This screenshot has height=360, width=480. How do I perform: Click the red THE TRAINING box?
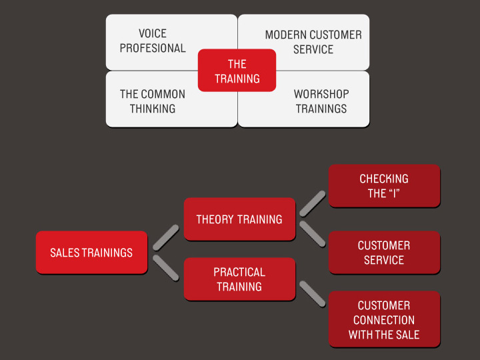(237, 71)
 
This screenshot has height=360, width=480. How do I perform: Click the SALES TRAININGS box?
(91, 253)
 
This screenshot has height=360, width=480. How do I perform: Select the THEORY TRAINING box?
(239, 219)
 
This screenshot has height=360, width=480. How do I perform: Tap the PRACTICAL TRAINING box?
(239, 279)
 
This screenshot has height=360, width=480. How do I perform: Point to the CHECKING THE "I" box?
(384, 186)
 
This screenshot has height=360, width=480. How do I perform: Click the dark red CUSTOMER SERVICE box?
(384, 253)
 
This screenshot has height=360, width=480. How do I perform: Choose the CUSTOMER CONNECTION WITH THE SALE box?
(384, 319)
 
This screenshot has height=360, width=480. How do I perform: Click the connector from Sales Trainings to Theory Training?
(166, 237)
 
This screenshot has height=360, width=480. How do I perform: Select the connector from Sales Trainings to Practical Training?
(166, 268)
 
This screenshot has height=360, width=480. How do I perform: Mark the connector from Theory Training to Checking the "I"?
(313, 203)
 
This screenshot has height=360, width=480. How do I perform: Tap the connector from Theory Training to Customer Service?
(313, 234)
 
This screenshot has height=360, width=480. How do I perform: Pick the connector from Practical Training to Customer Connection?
(313, 294)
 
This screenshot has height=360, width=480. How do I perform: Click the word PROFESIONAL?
(153, 48)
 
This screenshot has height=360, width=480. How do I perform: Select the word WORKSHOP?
(321, 94)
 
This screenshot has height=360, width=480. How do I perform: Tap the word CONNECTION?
(384, 320)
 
